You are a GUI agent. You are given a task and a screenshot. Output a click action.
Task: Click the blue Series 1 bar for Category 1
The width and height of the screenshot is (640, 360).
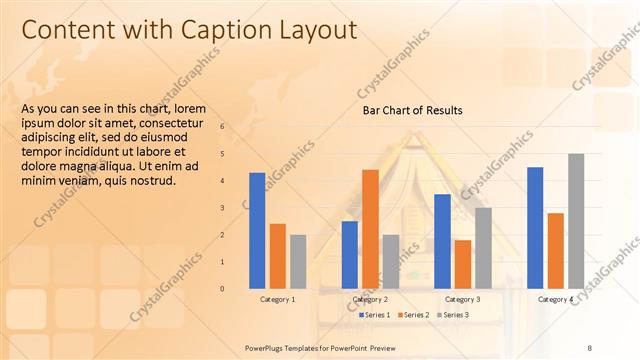(x=257, y=230)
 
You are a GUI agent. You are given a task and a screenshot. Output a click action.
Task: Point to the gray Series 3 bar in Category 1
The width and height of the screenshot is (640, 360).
(x=298, y=261)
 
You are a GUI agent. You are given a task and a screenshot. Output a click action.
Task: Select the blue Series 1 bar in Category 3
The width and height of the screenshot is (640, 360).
(x=442, y=241)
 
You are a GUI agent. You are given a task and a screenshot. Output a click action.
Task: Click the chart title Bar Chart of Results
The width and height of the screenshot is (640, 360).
(x=412, y=110)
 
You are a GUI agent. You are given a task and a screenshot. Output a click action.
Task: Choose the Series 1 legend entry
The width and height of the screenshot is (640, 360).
(x=375, y=315)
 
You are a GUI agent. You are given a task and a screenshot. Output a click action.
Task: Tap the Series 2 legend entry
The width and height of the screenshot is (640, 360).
(x=415, y=315)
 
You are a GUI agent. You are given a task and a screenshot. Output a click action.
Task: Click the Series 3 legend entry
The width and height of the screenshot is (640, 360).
(x=455, y=315)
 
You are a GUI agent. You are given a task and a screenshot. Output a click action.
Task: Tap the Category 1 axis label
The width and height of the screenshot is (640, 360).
(x=277, y=299)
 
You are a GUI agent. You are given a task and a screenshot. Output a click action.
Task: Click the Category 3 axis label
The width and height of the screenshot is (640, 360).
(x=462, y=299)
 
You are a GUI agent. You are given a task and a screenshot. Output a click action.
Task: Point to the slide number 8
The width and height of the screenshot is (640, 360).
(x=589, y=347)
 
